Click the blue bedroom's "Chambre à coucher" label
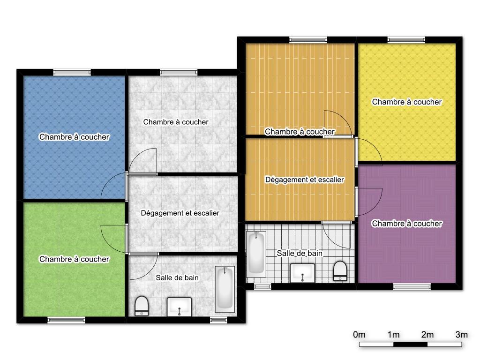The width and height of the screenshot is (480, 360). tap(74, 137)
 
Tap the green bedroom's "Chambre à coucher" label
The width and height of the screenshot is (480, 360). tap(74, 259)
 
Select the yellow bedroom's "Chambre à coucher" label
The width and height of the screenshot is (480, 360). tap(407, 102)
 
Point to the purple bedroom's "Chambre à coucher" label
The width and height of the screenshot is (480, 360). tap(407, 224)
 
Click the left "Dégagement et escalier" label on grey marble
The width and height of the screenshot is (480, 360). tap(180, 213)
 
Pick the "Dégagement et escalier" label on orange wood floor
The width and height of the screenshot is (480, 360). tap(305, 180)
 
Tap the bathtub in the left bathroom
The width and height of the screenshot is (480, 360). tap(225, 289)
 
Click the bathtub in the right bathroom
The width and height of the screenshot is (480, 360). tap(256, 253)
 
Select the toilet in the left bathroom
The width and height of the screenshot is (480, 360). tap(142, 306)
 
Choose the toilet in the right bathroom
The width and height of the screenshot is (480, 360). tap(340, 270)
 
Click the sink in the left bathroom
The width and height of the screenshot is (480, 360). tap(180, 307)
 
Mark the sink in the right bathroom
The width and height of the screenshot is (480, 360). tap(302, 273)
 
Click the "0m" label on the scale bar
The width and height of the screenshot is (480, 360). tap(359, 335)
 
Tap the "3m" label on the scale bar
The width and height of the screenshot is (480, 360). tap(462, 335)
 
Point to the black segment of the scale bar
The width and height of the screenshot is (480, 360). tap(410, 345)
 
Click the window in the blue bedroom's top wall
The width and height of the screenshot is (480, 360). tap(72, 72)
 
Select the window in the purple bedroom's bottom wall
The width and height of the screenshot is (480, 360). tap(412, 286)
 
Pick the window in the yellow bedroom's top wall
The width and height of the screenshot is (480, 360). tap(406, 39)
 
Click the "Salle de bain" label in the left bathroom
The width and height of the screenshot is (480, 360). tap(177, 277)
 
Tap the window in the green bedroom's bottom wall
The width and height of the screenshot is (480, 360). tap(66, 320)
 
